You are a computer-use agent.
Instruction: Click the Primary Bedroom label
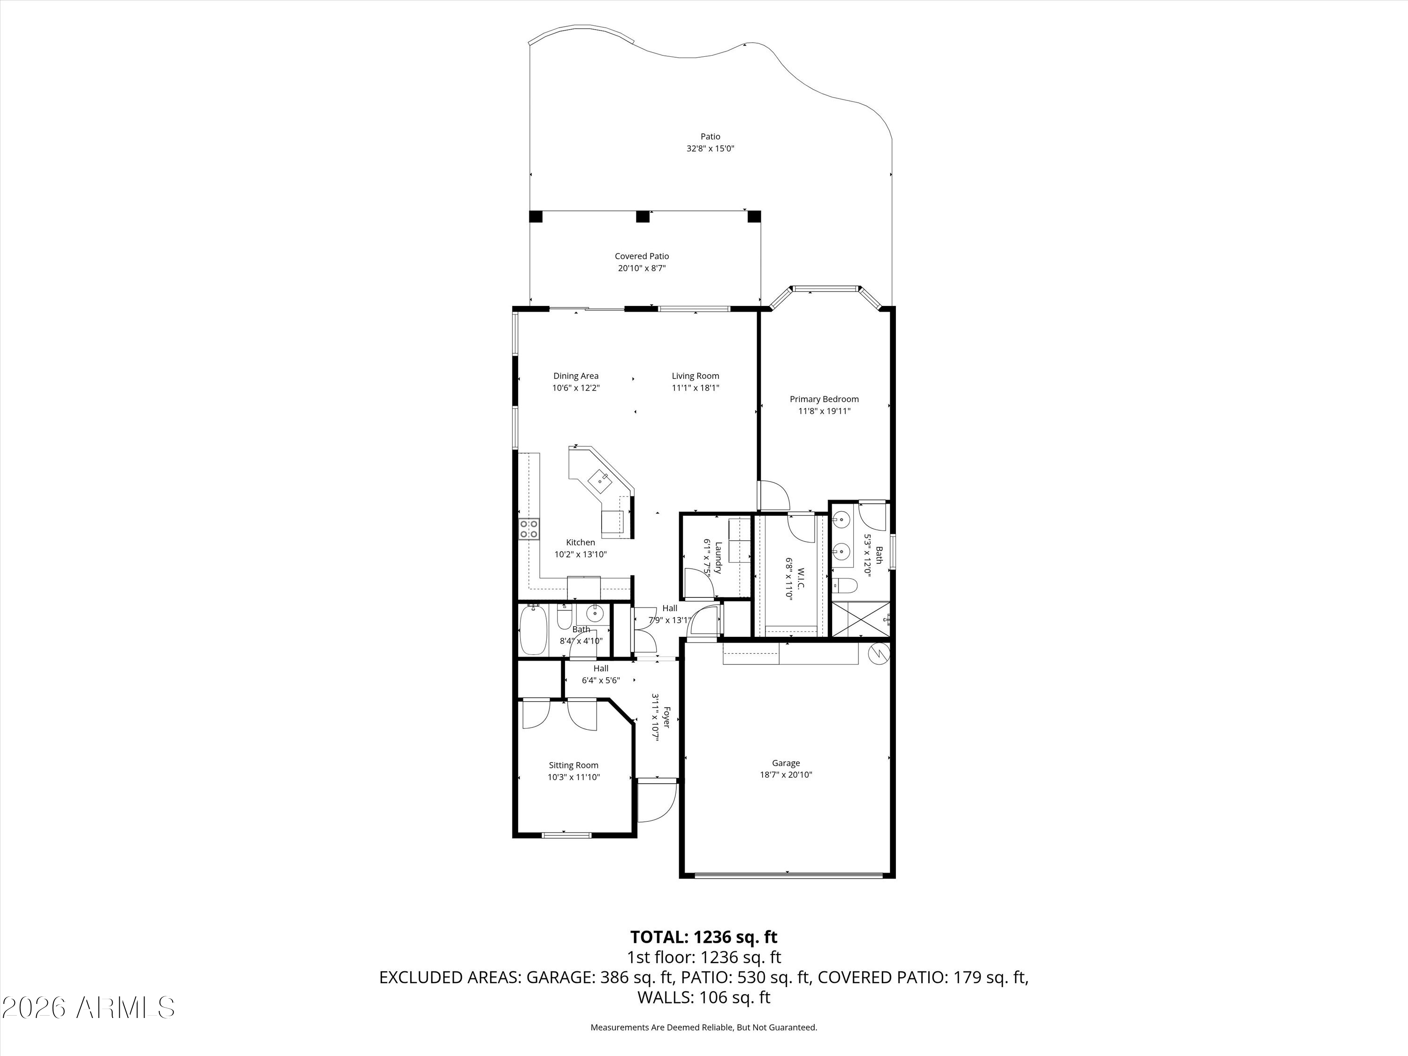tap(824, 399)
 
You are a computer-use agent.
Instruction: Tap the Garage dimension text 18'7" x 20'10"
tap(786, 775)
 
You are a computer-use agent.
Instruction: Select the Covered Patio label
tap(642, 256)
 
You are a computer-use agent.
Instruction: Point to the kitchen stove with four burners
tap(529, 528)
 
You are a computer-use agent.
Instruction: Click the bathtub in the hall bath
tap(534, 630)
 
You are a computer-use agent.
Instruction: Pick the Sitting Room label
tap(574, 765)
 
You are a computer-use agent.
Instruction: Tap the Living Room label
tap(695, 375)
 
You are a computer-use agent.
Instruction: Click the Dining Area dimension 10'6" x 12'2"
tap(576, 388)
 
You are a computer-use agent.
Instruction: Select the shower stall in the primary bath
tap(861, 619)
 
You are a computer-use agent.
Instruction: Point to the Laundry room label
tap(718, 558)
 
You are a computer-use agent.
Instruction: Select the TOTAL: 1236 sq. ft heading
tap(704, 937)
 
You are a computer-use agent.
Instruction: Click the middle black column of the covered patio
tap(643, 216)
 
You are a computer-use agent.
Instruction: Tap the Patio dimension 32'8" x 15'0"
tap(711, 148)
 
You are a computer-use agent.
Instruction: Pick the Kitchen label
tap(581, 543)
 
